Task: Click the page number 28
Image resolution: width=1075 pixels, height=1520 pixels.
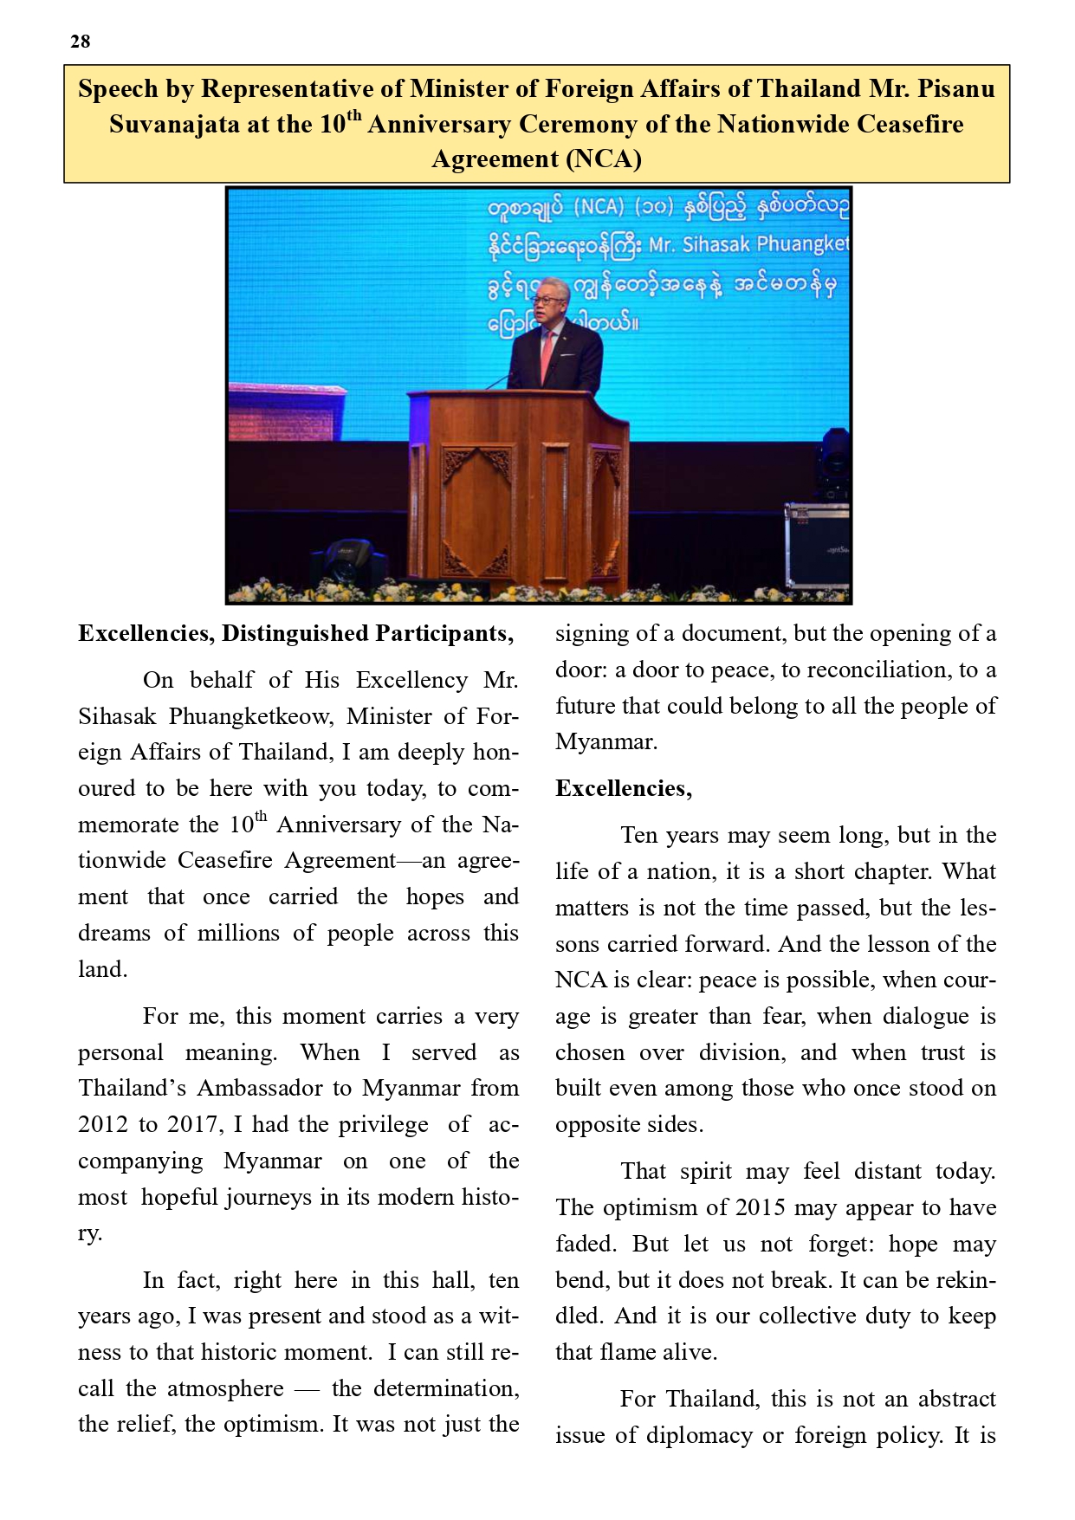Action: (x=80, y=42)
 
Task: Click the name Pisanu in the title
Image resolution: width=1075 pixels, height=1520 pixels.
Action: (x=956, y=89)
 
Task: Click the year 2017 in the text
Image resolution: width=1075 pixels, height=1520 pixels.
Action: (x=190, y=1125)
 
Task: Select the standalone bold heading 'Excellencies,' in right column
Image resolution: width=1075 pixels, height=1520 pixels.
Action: (x=624, y=789)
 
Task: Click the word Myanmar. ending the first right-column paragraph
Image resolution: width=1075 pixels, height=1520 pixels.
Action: (x=606, y=742)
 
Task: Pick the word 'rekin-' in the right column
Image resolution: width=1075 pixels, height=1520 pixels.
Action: (x=961, y=1280)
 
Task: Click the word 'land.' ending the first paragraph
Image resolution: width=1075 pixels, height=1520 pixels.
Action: (x=102, y=970)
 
